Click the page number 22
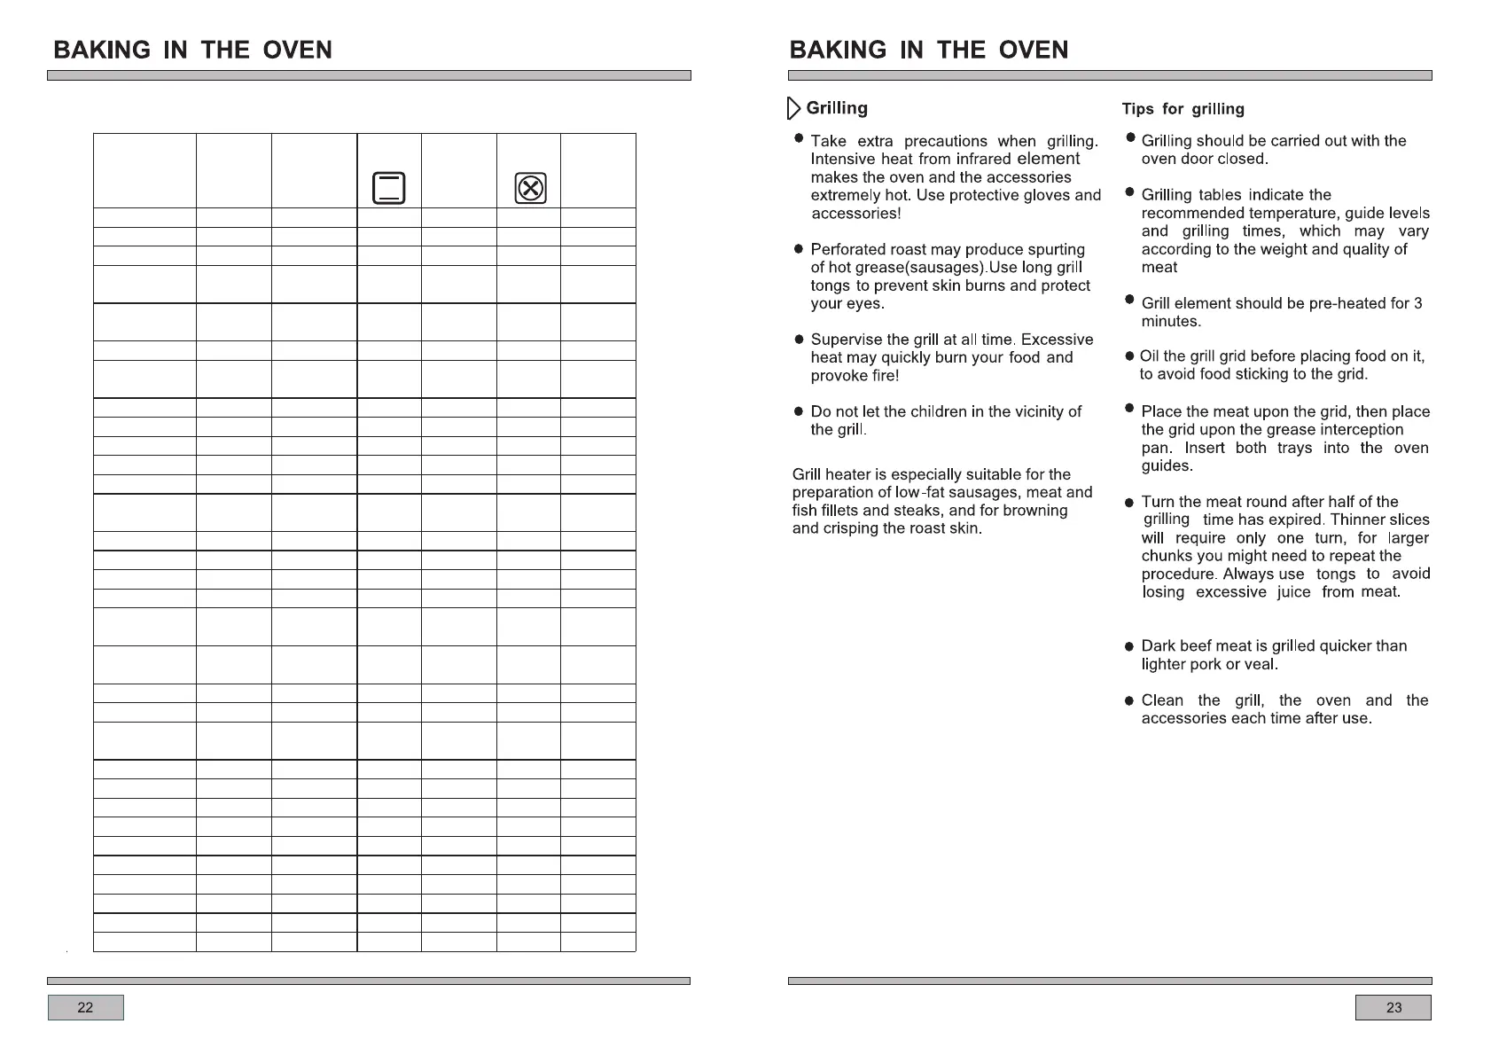85,1007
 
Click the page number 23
1393,1007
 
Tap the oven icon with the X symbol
530,188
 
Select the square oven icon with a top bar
388,188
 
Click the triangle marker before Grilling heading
794,109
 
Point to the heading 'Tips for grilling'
1183,109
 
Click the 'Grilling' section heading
837,108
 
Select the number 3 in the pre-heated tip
1417,303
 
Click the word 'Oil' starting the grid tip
1150,356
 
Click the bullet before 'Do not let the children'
799,412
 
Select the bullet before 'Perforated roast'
799,250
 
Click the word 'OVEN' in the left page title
297,51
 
